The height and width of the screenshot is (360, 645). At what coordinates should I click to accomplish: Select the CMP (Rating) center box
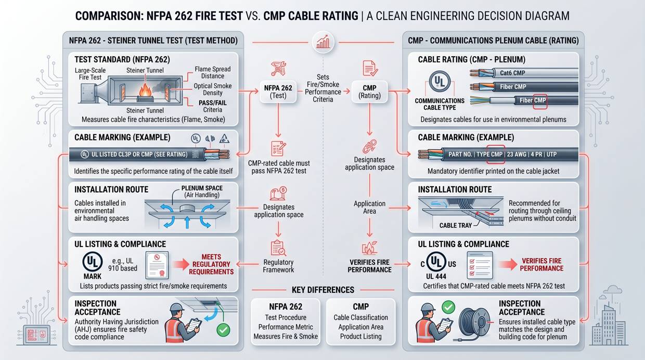(369, 92)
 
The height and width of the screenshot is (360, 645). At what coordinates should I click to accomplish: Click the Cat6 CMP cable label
(512, 73)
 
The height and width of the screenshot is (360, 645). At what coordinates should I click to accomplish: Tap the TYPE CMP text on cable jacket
(489, 155)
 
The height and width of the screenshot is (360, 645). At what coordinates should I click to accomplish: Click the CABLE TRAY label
(455, 225)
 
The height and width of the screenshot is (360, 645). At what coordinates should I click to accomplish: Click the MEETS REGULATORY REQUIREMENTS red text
(211, 264)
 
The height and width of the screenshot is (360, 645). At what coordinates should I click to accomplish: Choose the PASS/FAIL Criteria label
(212, 106)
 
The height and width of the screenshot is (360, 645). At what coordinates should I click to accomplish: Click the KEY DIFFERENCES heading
(323, 290)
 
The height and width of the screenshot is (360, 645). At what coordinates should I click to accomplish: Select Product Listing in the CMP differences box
(360, 337)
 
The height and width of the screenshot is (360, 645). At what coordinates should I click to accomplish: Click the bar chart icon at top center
(322, 42)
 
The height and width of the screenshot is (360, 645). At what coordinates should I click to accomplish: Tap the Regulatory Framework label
(278, 266)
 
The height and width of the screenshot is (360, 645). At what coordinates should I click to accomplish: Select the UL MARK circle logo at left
(93, 262)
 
